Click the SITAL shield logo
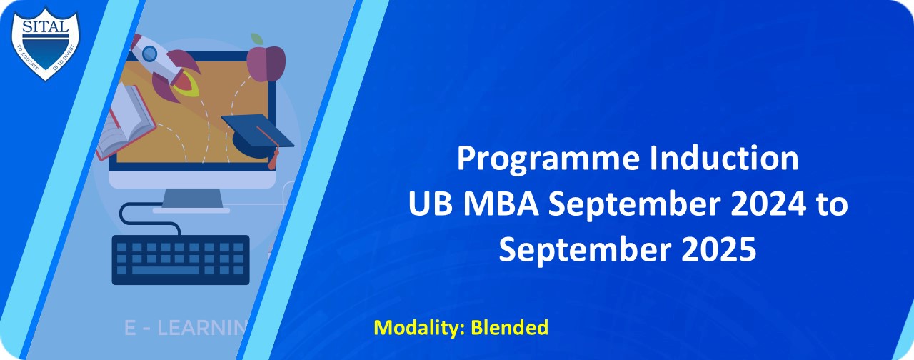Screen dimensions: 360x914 46,41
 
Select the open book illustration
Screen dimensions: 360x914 126,121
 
